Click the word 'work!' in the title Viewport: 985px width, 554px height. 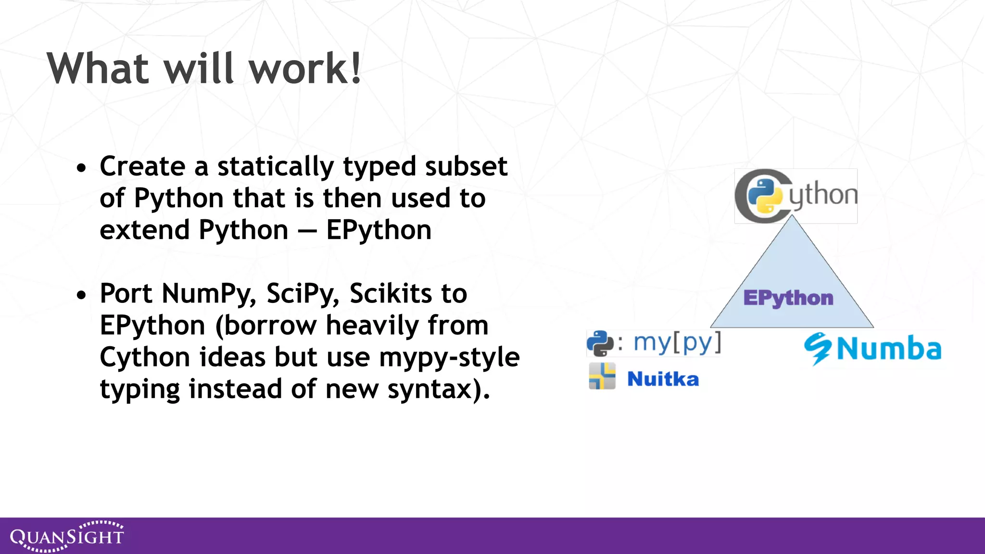point(305,69)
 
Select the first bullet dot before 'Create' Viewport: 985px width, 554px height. point(82,169)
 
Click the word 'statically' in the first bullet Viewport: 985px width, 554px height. point(275,167)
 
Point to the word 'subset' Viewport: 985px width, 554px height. point(466,166)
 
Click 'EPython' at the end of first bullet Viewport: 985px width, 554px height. point(379,230)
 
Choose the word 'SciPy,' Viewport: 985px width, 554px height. point(303,294)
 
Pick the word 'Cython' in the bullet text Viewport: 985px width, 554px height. point(145,358)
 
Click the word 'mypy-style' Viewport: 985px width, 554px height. point(449,358)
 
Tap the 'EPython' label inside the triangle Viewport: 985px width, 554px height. point(788,298)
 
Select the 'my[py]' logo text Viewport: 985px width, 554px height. point(677,342)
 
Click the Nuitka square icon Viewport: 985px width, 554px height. point(602,376)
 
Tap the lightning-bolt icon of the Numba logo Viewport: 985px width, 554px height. point(817,348)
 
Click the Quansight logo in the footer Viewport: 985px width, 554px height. point(67,536)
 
